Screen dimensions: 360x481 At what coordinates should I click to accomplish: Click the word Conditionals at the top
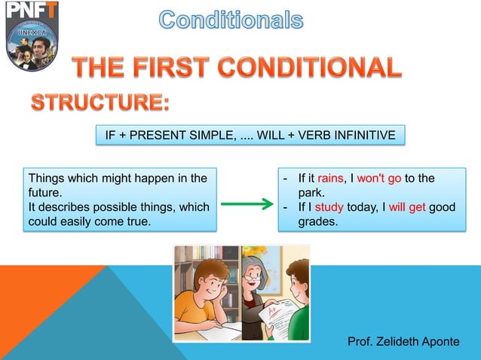click(231, 20)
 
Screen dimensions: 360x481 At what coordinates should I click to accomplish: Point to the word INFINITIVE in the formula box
click(364, 136)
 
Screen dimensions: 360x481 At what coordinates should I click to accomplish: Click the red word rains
click(329, 178)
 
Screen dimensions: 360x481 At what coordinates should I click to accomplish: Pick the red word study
click(329, 207)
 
